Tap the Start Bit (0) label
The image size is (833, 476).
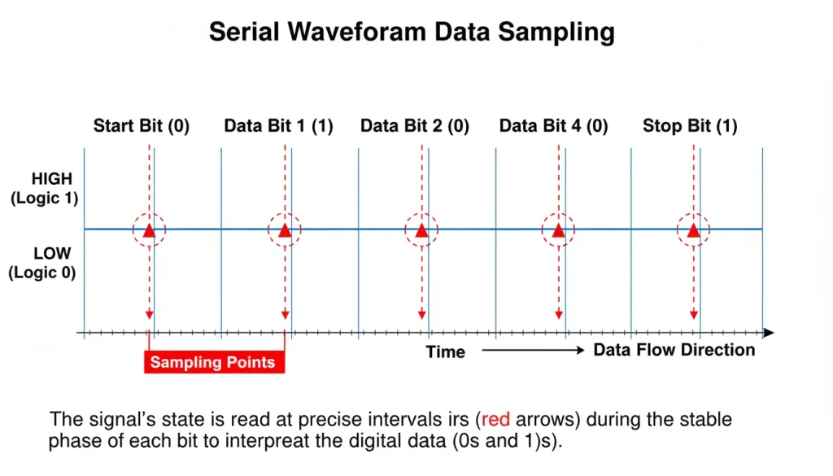tap(142, 126)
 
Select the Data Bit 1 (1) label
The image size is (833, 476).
tap(278, 126)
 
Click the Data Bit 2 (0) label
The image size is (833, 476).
tap(415, 126)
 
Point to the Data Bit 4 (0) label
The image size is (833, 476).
tap(553, 126)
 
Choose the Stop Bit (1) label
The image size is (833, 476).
tap(690, 126)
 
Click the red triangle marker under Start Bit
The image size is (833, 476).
tap(149, 231)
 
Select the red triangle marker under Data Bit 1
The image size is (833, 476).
tap(285, 231)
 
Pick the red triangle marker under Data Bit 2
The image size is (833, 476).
tap(421, 231)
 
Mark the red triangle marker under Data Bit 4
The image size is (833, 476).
tap(558, 231)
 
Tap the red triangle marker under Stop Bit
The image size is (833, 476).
tap(693, 231)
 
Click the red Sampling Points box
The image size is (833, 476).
tap(214, 362)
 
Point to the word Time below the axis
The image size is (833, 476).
tap(446, 352)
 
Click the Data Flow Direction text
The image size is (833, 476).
tap(674, 350)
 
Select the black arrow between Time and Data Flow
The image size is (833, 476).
tap(533, 351)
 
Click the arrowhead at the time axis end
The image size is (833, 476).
tap(769, 333)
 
